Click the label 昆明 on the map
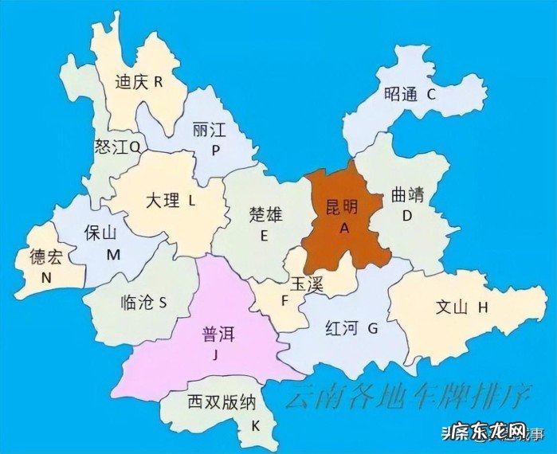[x=343, y=206]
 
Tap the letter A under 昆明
[x=345, y=227]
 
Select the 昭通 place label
[x=401, y=94]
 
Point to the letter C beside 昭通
[x=431, y=94]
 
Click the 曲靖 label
[x=409, y=194]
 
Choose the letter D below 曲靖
[x=406, y=216]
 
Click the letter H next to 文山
[x=483, y=307]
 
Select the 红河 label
[x=343, y=327]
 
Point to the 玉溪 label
[x=306, y=284]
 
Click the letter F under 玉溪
[x=283, y=301]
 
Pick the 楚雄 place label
[x=265, y=213]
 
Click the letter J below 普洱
[x=214, y=356]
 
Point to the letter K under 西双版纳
[x=255, y=425]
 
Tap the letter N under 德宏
[x=46, y=278]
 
